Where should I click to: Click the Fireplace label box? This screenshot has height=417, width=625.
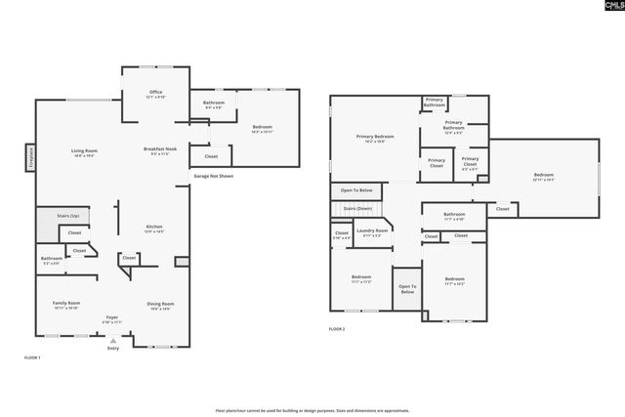28,157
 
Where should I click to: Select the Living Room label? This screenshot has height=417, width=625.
83,151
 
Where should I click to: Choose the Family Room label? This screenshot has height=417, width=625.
66,305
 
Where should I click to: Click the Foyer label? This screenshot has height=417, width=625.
113,319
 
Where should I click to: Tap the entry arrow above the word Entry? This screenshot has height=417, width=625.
113,340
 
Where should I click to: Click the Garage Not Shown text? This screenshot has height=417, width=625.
213,176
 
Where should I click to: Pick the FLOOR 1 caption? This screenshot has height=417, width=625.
32,358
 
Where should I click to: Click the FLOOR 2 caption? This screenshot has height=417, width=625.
337,329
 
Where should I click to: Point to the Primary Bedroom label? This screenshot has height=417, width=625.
375,138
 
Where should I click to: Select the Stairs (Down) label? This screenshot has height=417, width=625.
356,208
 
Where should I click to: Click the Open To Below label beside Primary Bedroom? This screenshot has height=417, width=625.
356,189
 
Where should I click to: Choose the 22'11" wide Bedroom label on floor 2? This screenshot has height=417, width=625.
544,177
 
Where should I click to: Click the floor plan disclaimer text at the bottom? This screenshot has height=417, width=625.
312,411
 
